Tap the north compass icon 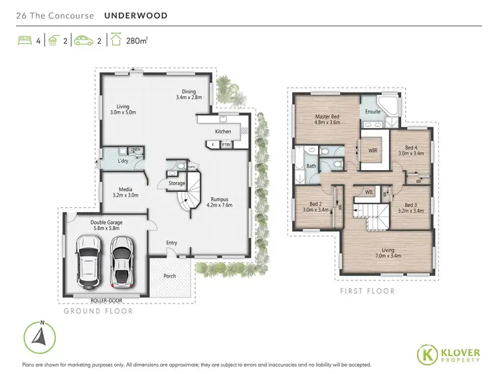tap(41, 335)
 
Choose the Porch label tap(169, 276)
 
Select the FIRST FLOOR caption tap(367, 291)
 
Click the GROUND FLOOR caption tap(98, 311)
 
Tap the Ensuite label tap(373, 112)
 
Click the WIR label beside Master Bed tap(373, 151)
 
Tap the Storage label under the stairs tap(177, 183)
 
